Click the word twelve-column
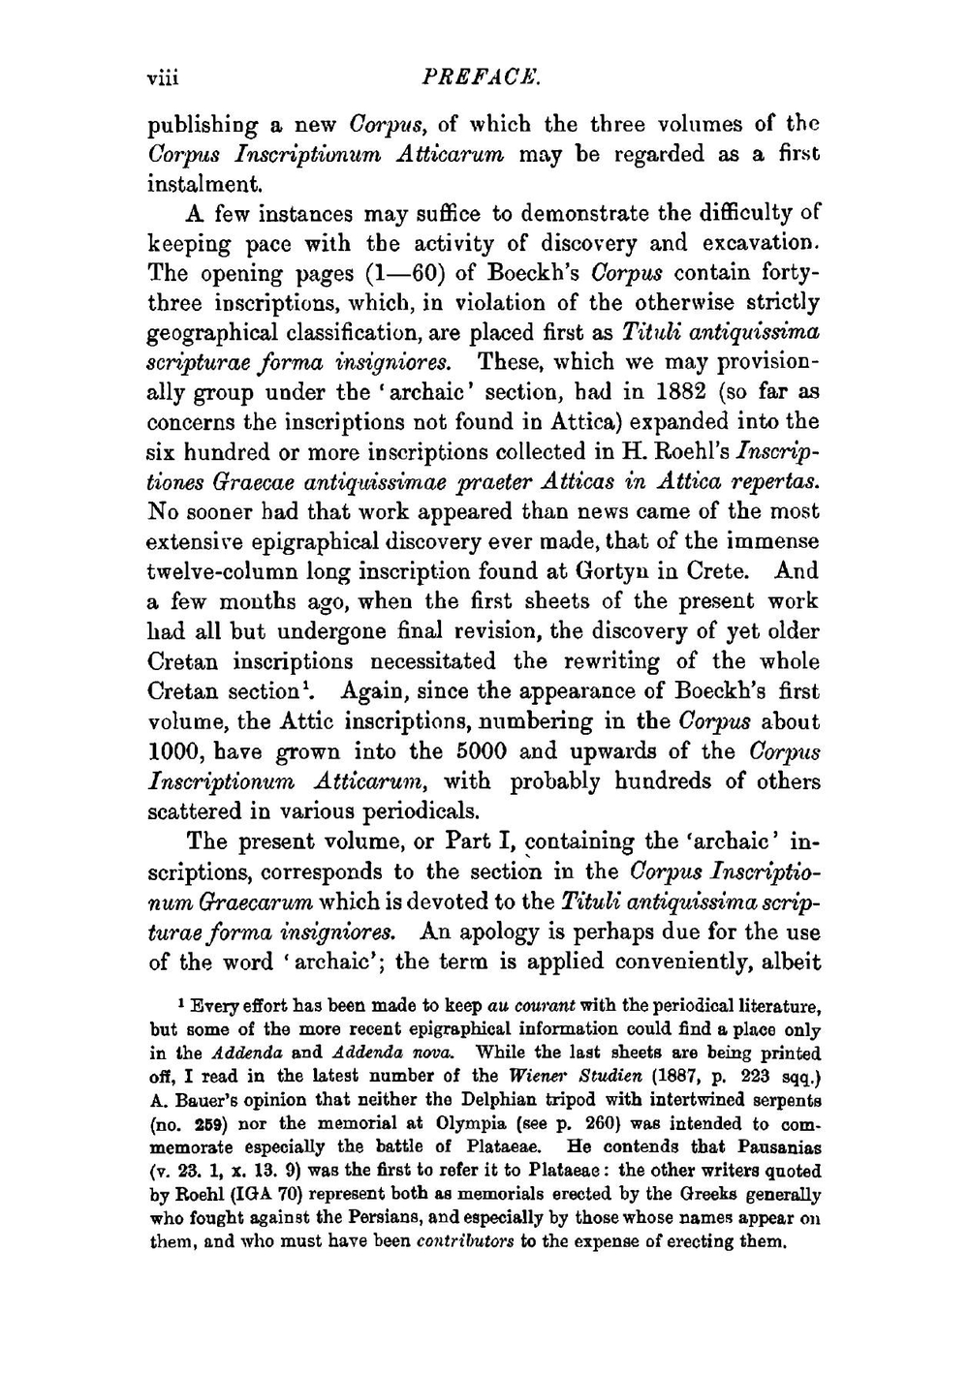pos(228,571)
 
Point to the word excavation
pos(743,242)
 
